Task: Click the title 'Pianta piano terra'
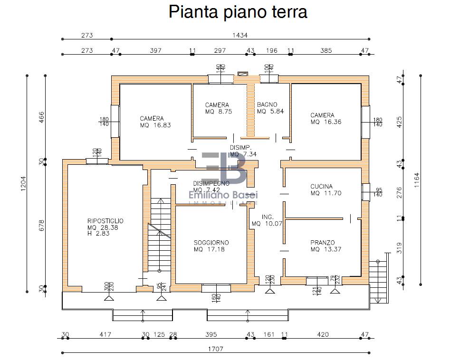tap(238, 12)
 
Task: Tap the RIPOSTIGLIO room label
tap(105, 221)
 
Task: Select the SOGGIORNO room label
tap(211, 242)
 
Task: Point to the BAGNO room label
tap(267, 104)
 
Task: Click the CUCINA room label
tap(322, 187)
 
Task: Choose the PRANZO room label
tap(323, 242)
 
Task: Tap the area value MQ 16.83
tap(155, 125)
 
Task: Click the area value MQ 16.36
tap(326, 122)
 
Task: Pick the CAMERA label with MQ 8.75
tap(217, 105)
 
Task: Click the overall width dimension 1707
tap(216, 349)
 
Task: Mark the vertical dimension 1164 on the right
tap(418, 180)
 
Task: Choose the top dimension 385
tap(326, 50)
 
